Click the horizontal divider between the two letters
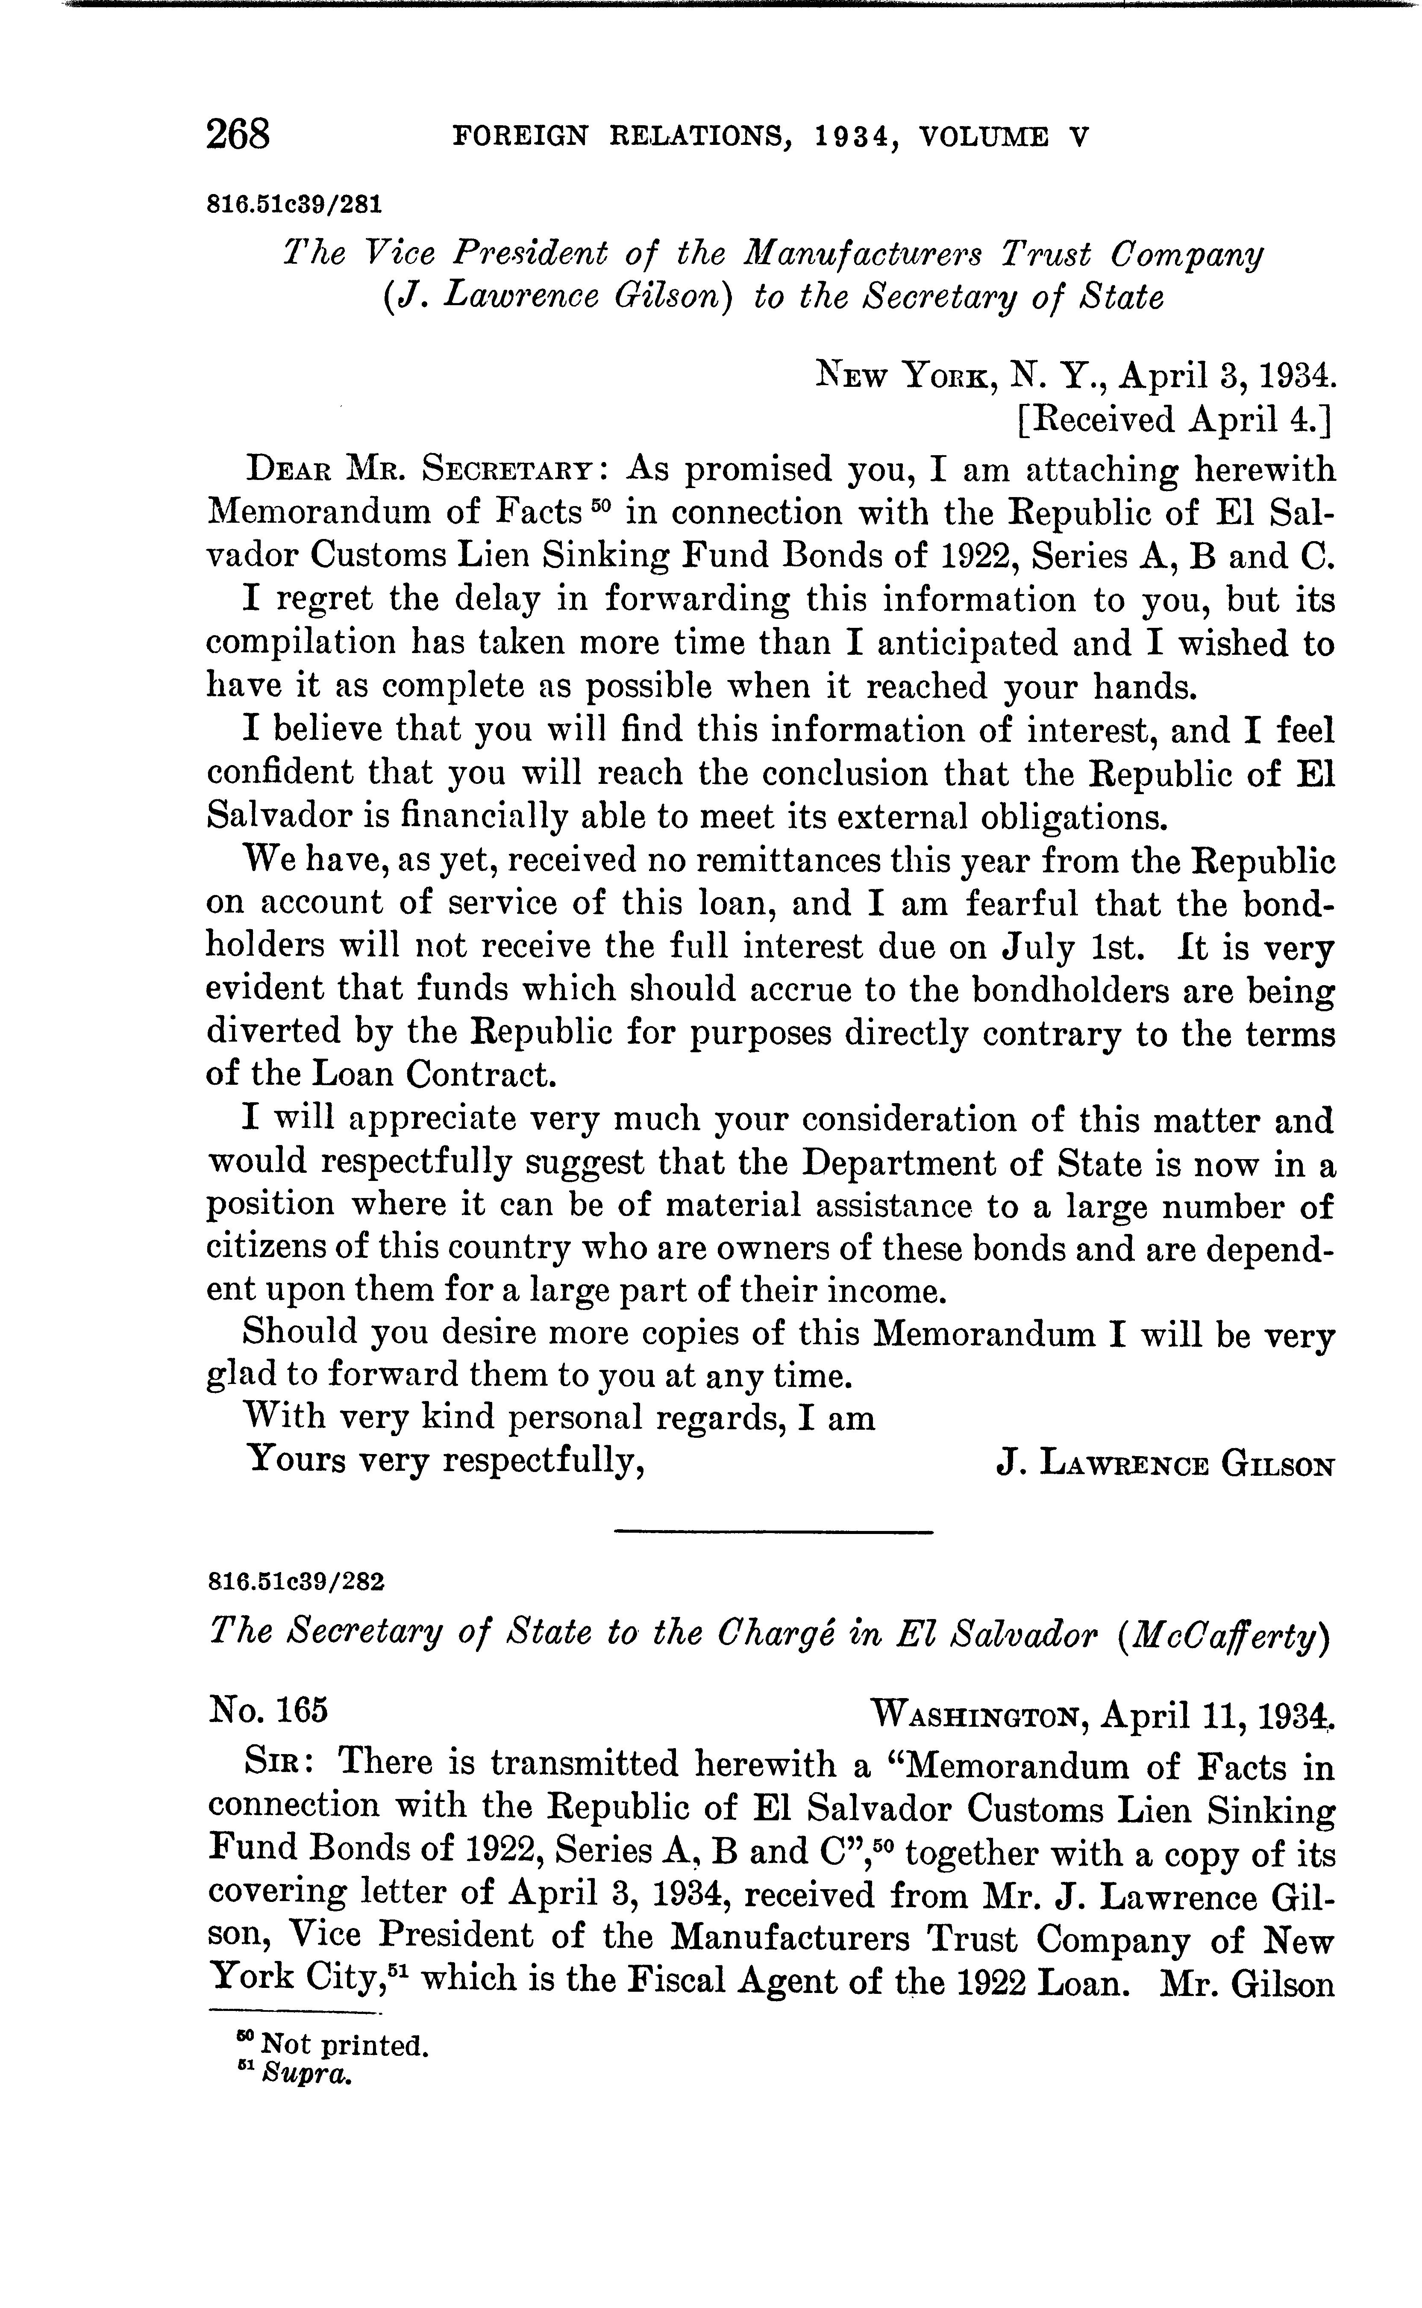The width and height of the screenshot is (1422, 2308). coord(773,1533)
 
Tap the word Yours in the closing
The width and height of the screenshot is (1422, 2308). coord(295,1460)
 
